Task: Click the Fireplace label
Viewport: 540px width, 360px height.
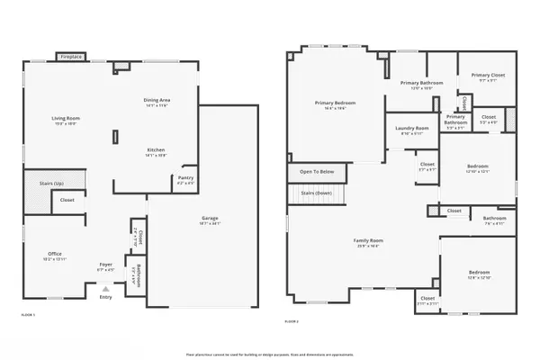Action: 70,57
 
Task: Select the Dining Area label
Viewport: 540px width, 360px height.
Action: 157,100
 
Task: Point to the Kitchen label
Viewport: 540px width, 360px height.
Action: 157,149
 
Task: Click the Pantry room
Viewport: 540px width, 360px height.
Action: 185,179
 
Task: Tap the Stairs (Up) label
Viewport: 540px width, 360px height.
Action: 50,183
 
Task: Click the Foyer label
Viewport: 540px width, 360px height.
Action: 106,265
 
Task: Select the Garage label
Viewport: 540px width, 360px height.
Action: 210,219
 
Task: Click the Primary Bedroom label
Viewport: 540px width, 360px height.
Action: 335,103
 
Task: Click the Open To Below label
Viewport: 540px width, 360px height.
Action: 317,171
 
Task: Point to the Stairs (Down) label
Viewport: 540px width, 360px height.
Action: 317,193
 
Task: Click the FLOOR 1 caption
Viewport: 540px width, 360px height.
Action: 28,314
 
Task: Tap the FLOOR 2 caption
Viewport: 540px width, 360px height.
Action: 292,321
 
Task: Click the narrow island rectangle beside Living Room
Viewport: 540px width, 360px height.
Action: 114,137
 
